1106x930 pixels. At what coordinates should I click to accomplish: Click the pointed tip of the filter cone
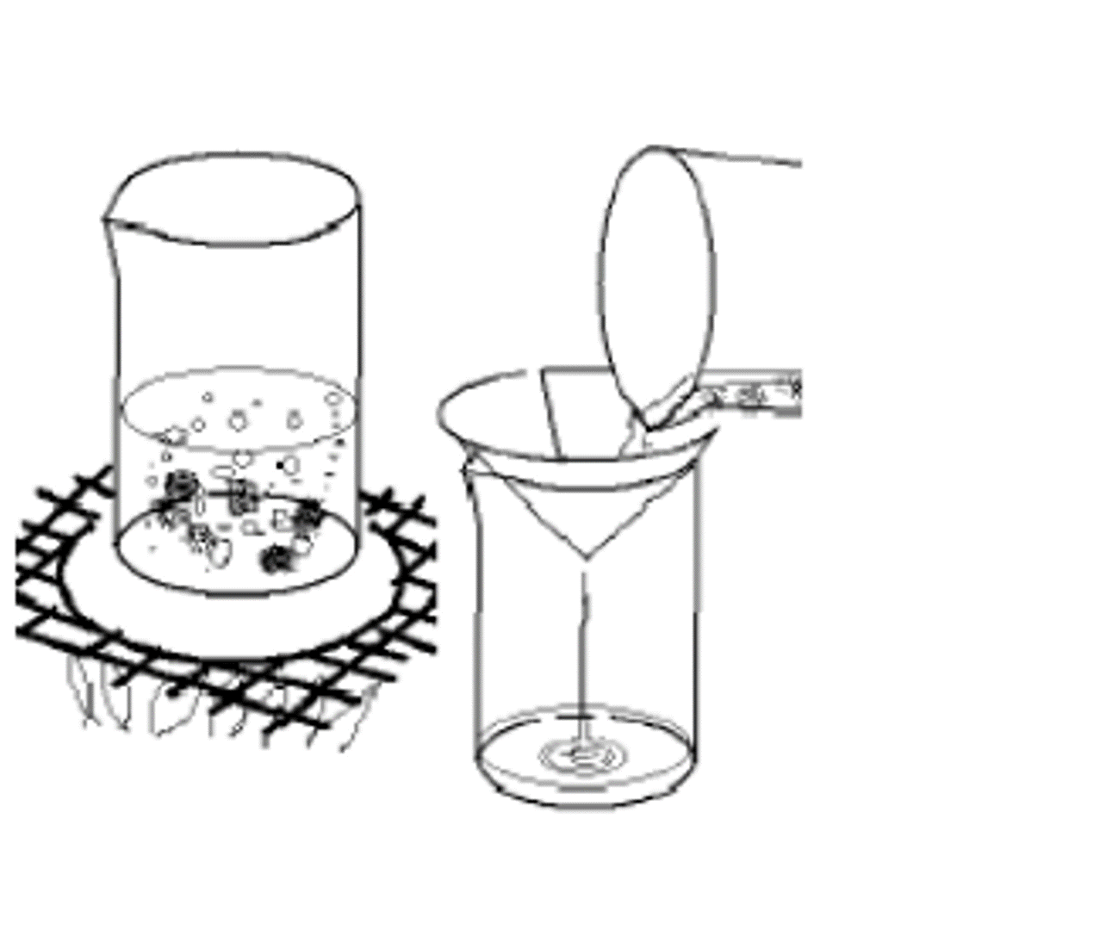click(x=586, y=555)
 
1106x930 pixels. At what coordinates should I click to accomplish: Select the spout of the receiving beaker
click(x=469, y=469)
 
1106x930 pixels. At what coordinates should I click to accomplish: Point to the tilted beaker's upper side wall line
click(x=741, y=158)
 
